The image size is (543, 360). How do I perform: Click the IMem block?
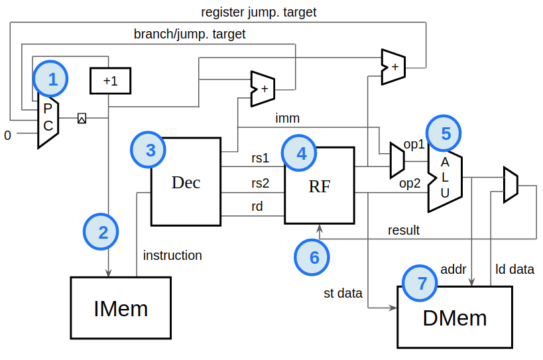[120, 308]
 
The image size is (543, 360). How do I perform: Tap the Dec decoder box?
[186, 182]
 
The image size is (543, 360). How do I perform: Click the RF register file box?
[320, 184]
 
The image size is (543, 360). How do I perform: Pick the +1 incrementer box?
[110, 81]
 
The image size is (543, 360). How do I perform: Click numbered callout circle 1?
[51, 80]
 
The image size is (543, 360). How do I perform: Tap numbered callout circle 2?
[101, 232]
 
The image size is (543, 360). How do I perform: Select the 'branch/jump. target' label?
[190, 34]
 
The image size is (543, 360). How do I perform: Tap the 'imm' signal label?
[287, 119]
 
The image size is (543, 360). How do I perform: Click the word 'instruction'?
[172, 255]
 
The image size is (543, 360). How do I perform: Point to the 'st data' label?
[343, 292]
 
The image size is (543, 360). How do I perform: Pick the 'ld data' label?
[514, 269]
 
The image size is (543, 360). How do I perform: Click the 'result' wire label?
[404, 230]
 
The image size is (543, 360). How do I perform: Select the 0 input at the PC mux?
[8, 136]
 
